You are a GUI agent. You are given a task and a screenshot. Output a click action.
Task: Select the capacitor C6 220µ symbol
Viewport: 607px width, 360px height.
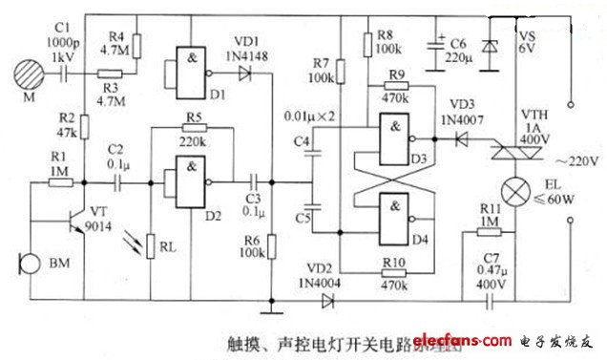pyautogui.click(x=438, y=47)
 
